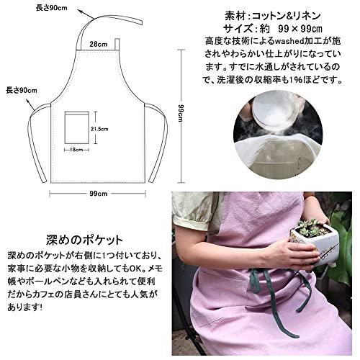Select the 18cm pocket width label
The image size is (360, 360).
[78, 149]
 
